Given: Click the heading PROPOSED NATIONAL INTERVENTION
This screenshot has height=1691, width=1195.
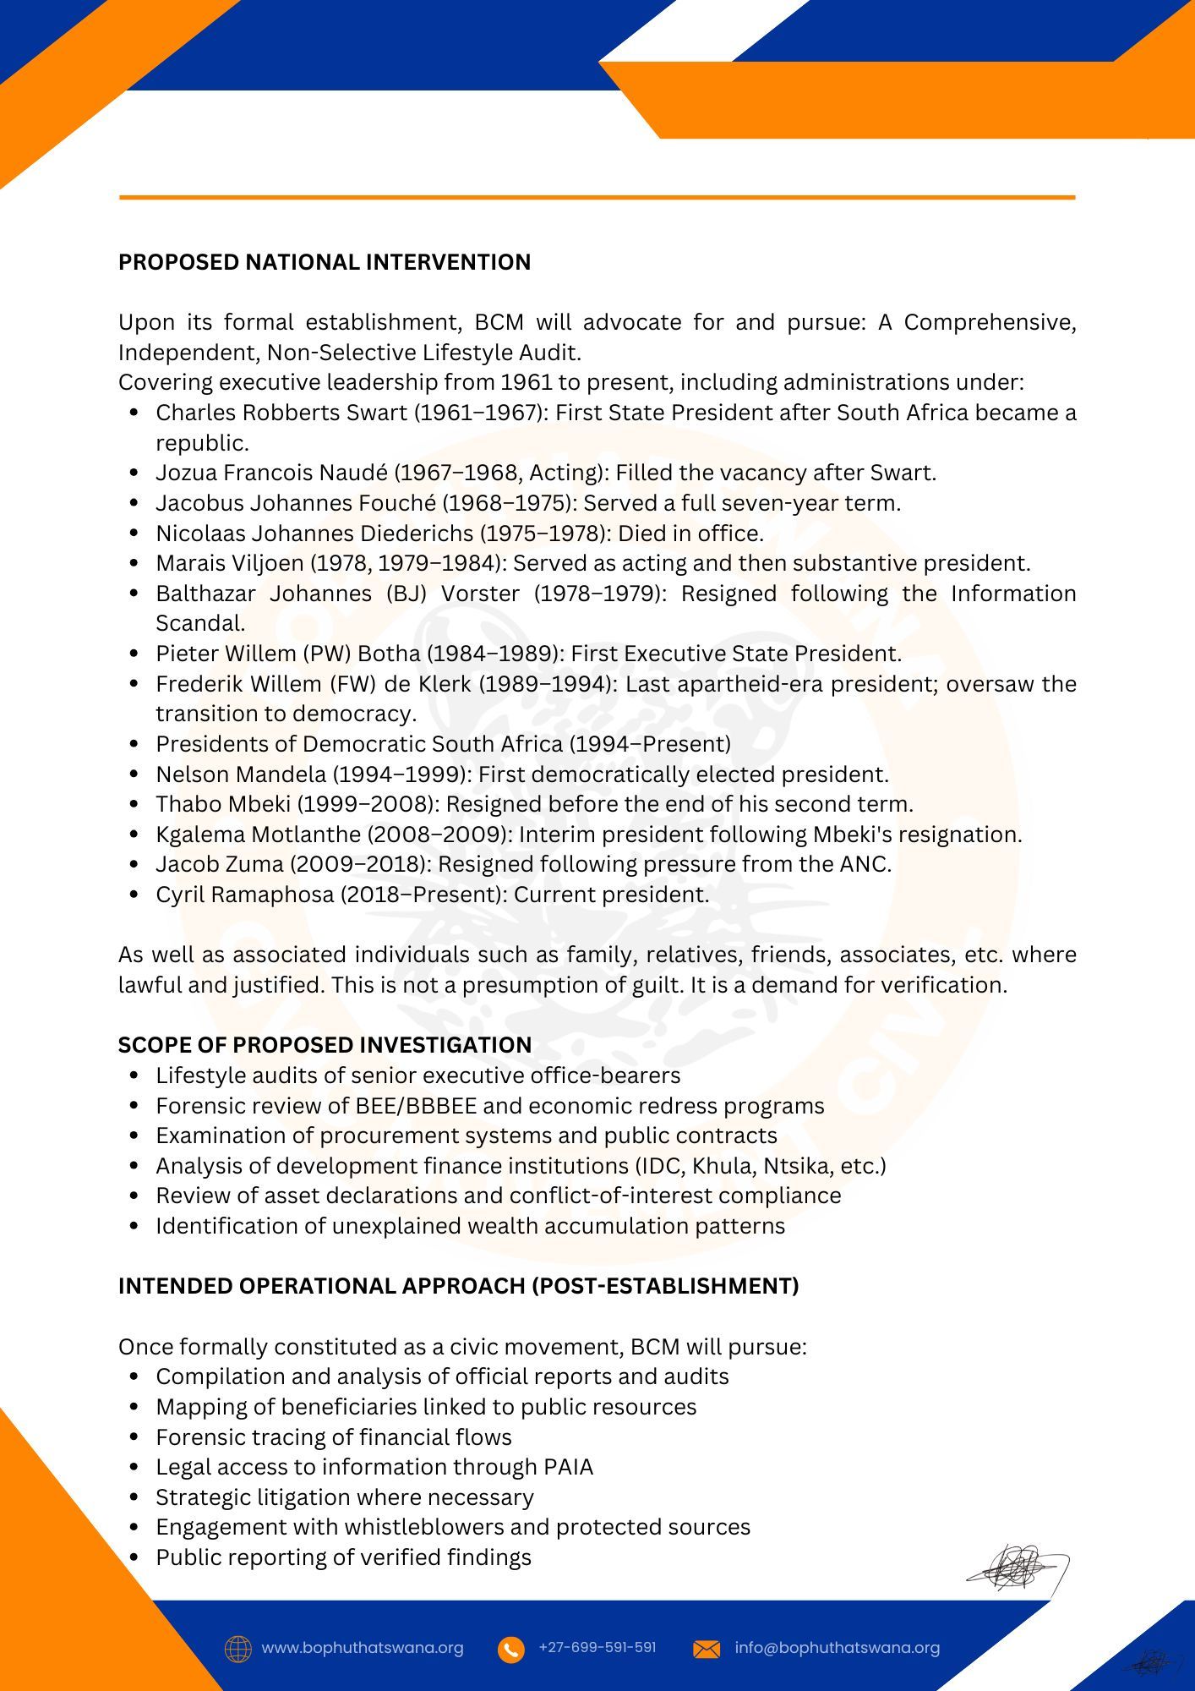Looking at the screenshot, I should [x=325, y=262].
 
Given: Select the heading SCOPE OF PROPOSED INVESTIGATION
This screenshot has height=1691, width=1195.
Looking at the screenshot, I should [x=325, y=1045].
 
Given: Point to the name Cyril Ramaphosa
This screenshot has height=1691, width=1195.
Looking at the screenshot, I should [x=245, y=895].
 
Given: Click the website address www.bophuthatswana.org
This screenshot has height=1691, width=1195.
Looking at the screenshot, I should [x=363, y=1648].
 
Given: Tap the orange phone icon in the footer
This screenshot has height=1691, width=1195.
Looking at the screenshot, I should [x=510, y=1649].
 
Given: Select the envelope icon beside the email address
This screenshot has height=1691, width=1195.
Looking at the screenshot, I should [x=707, y=1649].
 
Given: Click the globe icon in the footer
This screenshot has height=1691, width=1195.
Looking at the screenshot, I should [x=238, y=1649].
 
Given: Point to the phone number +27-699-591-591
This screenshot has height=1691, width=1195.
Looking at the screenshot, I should [x=597, y=1647].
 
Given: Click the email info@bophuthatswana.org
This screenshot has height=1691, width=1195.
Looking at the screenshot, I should [x=837, y=1648].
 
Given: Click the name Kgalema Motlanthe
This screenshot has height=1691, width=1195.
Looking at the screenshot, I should [x=258, y=835].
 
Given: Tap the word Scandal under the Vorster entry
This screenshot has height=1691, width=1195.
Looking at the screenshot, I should [x=200, y=623].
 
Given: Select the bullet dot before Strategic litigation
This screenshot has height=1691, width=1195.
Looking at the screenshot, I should [x=134, y=1497].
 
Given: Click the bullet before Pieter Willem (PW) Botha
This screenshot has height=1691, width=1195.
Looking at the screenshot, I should [x=134, y=654].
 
